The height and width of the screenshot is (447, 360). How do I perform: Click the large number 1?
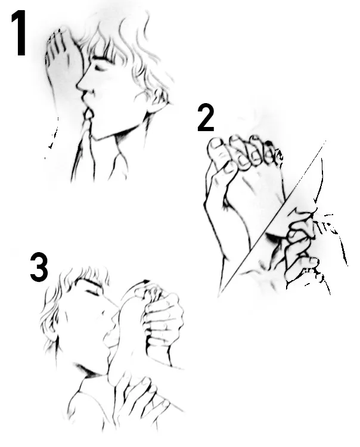point(20,33)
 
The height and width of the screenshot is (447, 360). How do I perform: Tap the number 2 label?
point(206,118)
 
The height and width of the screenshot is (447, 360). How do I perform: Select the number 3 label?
point(39,267)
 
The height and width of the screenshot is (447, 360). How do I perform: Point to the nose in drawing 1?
point(80,83)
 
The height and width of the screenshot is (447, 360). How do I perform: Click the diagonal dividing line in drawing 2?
point(272,218)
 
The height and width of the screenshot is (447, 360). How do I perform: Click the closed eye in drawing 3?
point(92,292)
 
